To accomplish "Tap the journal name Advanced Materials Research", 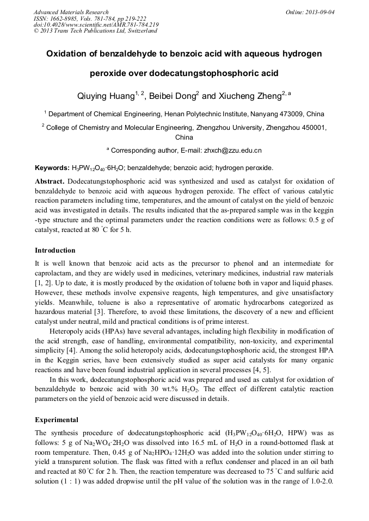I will click(x=71, y=12).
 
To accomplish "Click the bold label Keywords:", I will click(x=48, y=168).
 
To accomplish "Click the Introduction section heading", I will click(x=55, y=250).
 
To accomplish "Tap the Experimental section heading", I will click(x=57, y=420).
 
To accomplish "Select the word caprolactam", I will click(x=53, y=272).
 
